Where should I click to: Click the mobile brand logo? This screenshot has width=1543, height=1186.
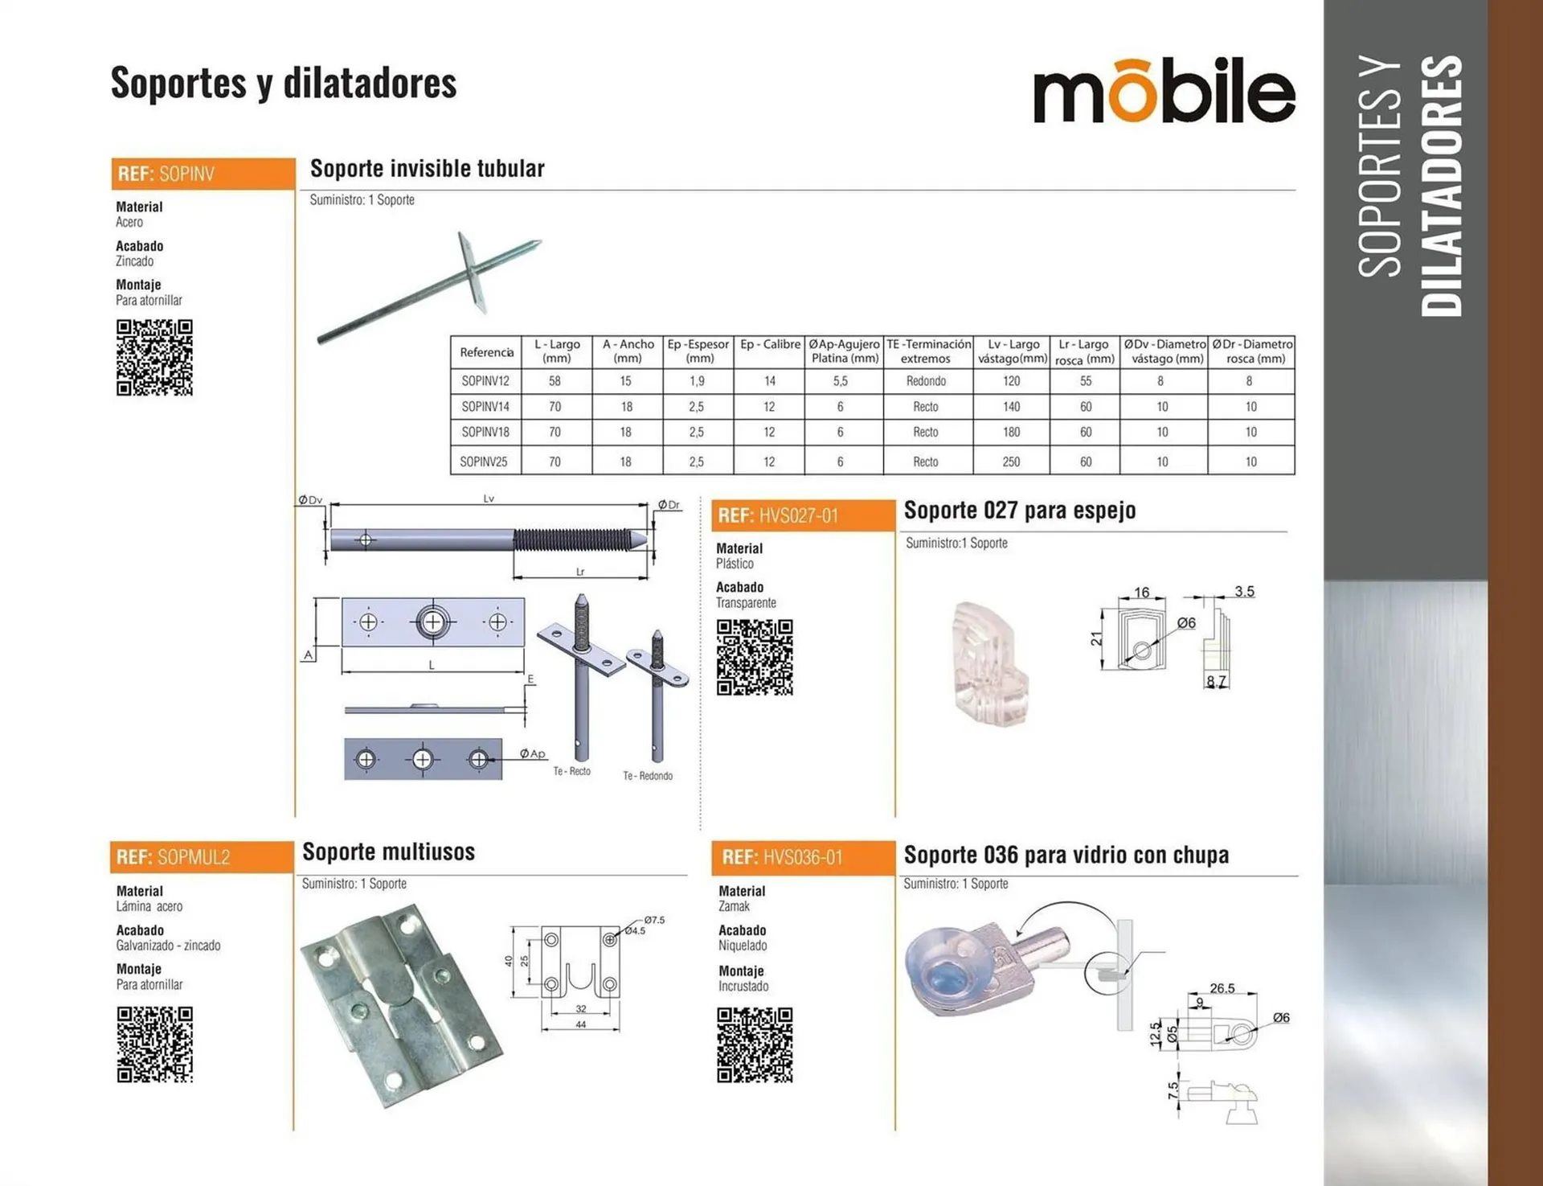tap(1164, 92)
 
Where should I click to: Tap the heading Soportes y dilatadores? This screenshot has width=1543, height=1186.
tap(284, 84)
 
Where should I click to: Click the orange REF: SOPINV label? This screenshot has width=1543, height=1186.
tap(203, 174)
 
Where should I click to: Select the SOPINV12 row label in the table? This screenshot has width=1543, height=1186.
tap(485, 381)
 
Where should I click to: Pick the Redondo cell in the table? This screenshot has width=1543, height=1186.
tap(926, 381)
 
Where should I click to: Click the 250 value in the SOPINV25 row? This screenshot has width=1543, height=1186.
tap(1011, 462)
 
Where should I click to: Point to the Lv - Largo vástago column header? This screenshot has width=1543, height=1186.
tap(1013, 351)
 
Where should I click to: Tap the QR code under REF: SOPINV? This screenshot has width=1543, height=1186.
tap(154, 358)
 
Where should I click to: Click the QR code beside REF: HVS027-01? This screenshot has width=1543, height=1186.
tap(755, 657)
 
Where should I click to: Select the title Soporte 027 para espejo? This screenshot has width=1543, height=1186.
tap(1020, 511)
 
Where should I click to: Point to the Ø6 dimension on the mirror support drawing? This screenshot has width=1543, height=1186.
tap(1186, 623)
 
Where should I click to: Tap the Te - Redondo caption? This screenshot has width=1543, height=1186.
tap(648, 776)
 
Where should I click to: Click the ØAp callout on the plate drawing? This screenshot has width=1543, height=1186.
tap(532, 753)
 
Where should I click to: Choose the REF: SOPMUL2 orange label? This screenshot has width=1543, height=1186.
tap(202, 857)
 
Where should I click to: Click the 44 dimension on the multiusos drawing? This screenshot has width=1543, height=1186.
tap(581, 1024)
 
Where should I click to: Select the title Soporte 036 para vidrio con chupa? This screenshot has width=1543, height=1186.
tap(1066, 855)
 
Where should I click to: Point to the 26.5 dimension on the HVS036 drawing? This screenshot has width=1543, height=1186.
tap(1222, 988)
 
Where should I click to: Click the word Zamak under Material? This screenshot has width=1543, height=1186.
tap(734, 906)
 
